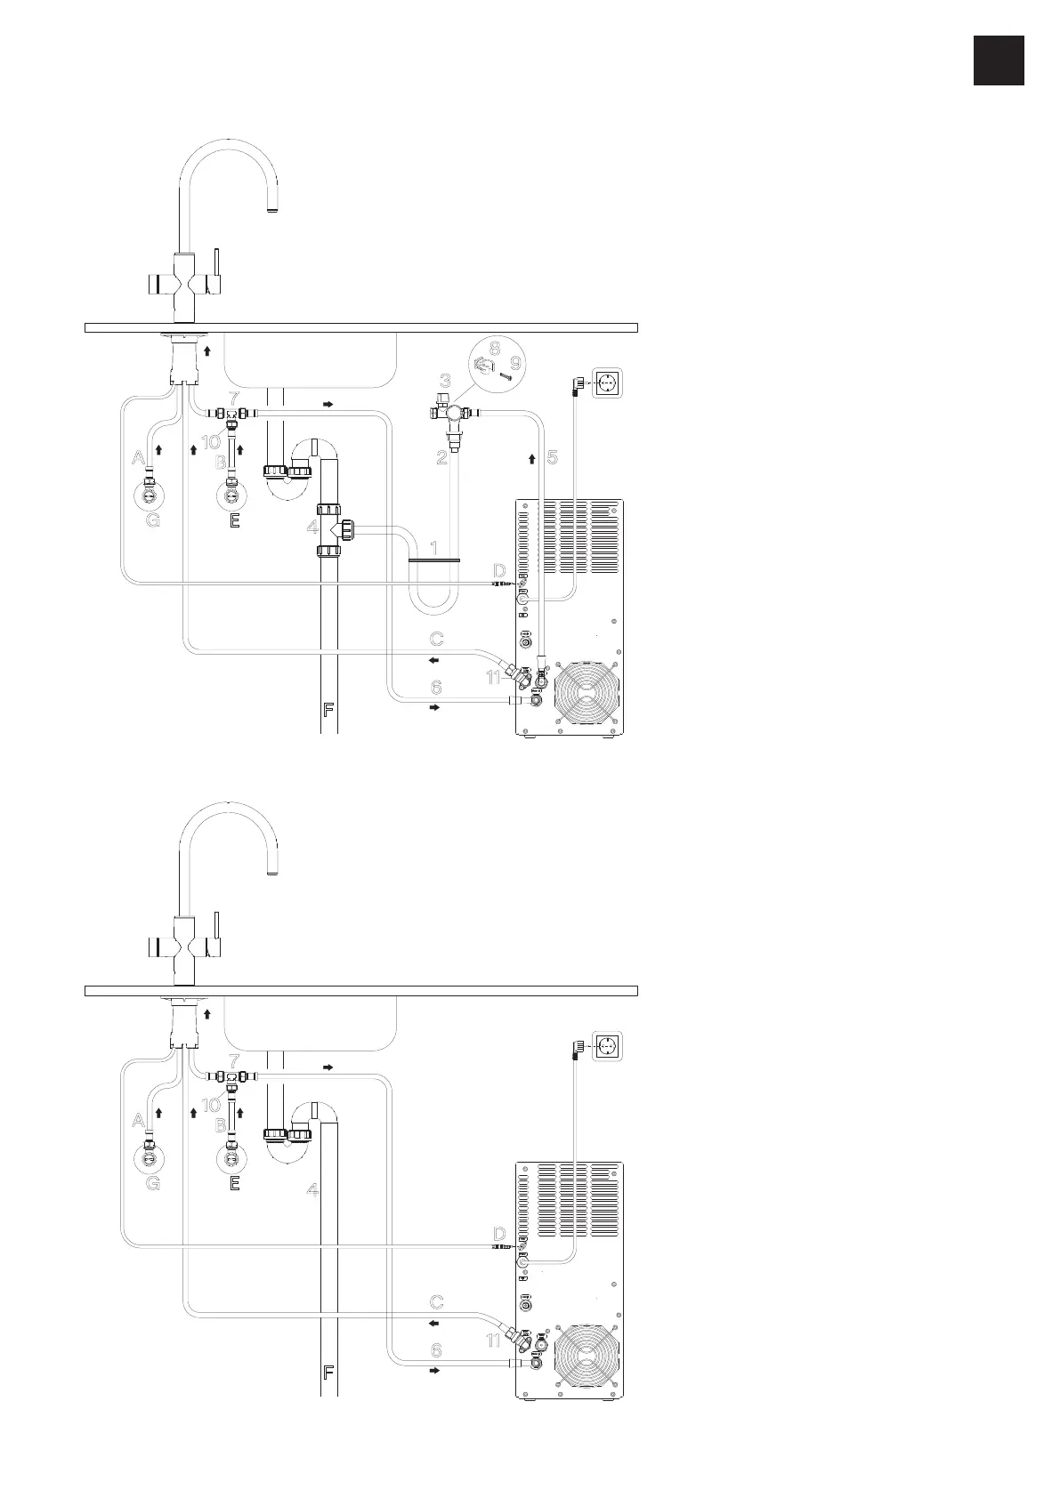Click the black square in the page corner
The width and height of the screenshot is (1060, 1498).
coord(998,60)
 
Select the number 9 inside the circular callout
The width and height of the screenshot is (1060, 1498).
coord(515,363)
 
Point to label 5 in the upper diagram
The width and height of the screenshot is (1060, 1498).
coord(552,457)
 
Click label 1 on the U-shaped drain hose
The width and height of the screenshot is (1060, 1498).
coord(434,548)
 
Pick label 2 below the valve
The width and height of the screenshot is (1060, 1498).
coord(441,458)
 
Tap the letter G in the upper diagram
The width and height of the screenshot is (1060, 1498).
coord(152,522)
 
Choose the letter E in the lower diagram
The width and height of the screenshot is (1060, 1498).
coord(234,1183)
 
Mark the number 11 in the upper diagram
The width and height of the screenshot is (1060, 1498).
coord(495,678)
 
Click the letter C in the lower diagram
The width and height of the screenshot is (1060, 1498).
coord(436,1302)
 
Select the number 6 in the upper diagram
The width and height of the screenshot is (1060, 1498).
coord(436,688)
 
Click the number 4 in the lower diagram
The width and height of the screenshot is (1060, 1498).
coord(312,1189)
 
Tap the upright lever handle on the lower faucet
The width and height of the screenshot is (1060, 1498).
coord(216,930)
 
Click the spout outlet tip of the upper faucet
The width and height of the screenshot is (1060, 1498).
coord(273,211)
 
